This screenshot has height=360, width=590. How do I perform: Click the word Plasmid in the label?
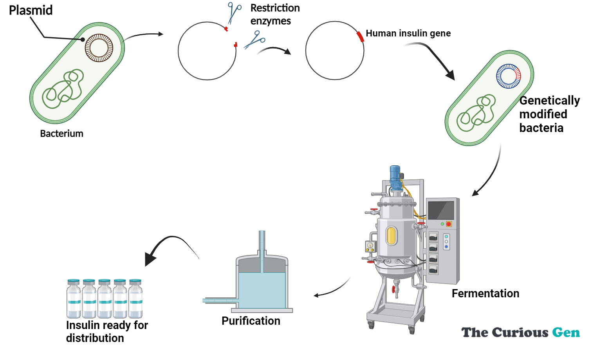tap(31, 10)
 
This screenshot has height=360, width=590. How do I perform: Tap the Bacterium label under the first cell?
tap(61, 134)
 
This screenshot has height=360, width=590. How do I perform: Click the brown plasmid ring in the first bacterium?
tap(99, 48)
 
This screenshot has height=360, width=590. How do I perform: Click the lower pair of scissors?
tap(255, 40)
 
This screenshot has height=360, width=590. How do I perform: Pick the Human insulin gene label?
tap(408, 33)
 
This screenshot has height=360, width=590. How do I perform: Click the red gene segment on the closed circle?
tap(360, 36)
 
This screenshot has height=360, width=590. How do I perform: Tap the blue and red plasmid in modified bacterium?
tap(508, 76)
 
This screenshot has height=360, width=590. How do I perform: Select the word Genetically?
tap(549, 101)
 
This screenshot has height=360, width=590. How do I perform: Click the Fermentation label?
tap(485, 293)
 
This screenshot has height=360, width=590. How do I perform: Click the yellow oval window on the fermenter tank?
tap(391, 236)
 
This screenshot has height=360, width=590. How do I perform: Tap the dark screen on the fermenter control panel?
tap(441, 210)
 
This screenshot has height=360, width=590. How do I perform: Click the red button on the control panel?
tap(449, 224)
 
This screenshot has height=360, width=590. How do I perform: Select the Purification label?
tap(251, 321)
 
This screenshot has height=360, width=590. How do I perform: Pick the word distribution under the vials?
tap(95, 338)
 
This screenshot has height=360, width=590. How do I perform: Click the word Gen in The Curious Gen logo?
tap(566, 333)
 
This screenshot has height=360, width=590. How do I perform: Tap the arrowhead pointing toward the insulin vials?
tap(150, 259)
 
